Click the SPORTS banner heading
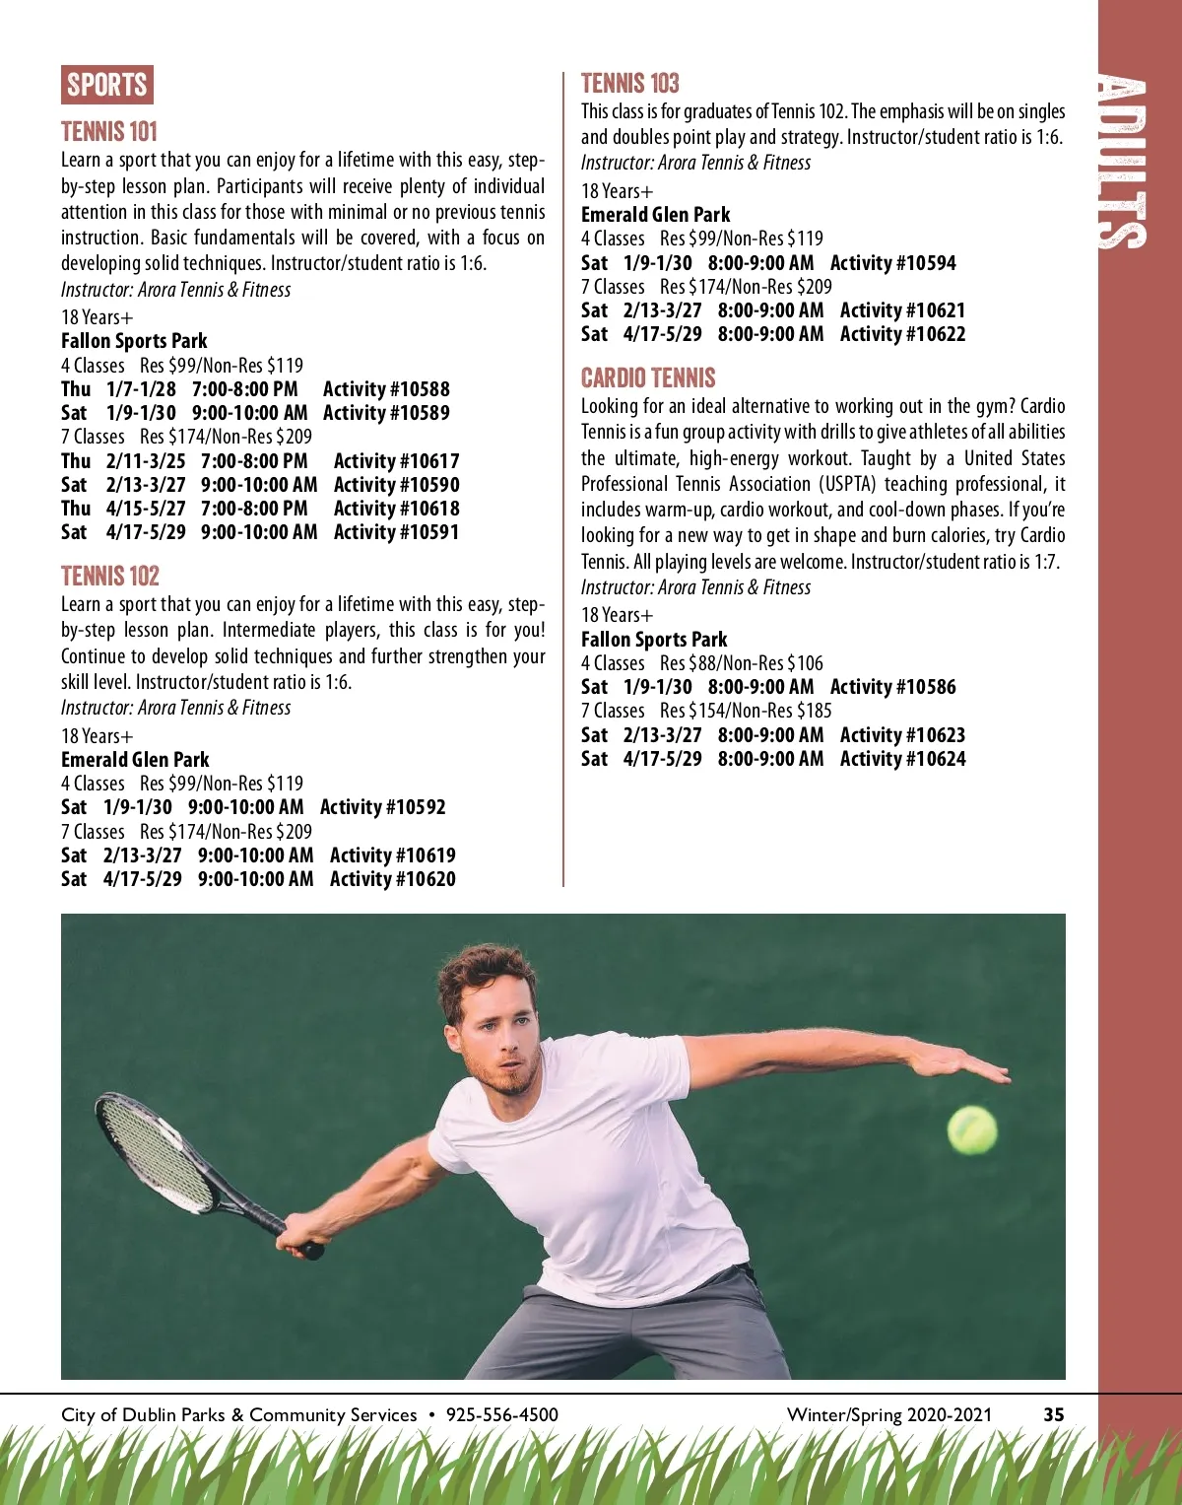coord(107,85)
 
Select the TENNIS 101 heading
coord(109,132)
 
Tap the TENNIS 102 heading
coord(110,577)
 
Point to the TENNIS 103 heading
coord(630,84)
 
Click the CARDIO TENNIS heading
coord(648,378)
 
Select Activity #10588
coord(386,389)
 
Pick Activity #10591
coord(396,532)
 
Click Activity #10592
coord(383,807)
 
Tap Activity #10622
coord(902,334)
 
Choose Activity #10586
coord(892,687)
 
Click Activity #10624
coord(902,759)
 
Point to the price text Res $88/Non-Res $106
coord(741,663)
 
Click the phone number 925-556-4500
coord(502,1415)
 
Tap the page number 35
coord(1054,1415)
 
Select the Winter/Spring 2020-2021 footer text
coord(889,1415)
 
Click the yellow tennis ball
coord(972,1130)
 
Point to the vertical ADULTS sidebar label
coord(1123,163)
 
